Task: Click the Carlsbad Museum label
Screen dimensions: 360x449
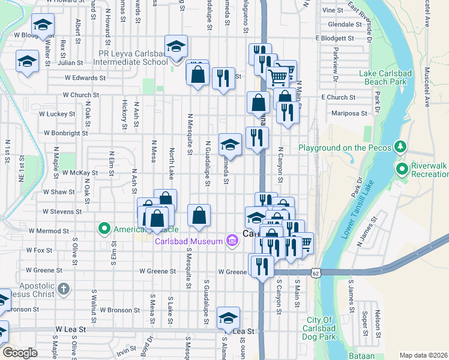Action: [x=189, y=242]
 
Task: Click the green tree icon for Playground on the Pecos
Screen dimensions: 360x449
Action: [x=399, y=147]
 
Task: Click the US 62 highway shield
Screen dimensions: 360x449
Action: [x=316, y=273]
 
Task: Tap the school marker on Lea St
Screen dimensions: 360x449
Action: [x=228, y=318]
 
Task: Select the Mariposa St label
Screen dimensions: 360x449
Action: [x=349, y=113]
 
